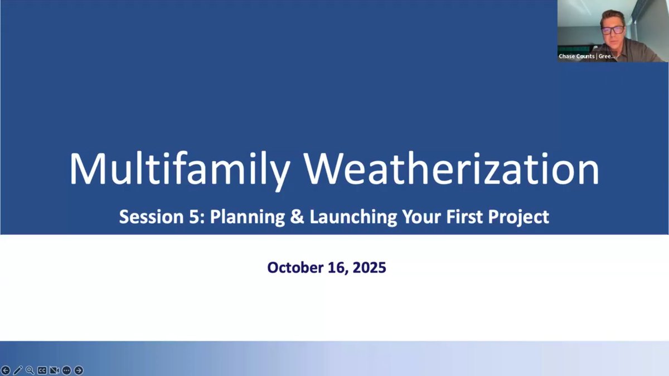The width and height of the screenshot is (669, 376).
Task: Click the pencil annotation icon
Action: (18, 370)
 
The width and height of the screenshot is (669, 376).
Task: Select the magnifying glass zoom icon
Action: (30, 370)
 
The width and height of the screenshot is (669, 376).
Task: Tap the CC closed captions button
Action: (42, 370)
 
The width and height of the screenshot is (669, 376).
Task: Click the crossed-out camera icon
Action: (54, 370)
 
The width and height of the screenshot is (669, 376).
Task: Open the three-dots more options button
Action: (66, 370)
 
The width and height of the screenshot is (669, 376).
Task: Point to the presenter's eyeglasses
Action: (612, 30)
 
